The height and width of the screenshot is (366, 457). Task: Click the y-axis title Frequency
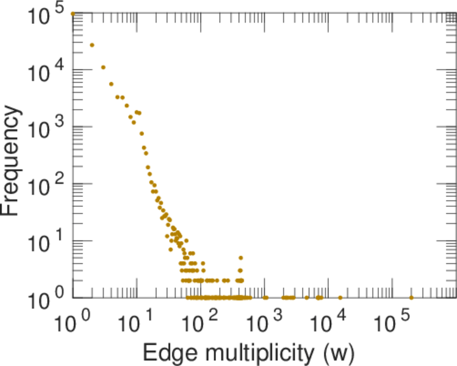[13, 162]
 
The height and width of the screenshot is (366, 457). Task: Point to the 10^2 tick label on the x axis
[201, 325]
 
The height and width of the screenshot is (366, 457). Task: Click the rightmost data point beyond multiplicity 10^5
[411, 298]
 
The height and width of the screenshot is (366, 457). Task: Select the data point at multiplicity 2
[92, 45]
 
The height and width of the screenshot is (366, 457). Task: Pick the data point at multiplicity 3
[103, 67]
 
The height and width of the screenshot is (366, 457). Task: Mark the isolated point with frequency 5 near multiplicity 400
[241, 257]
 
